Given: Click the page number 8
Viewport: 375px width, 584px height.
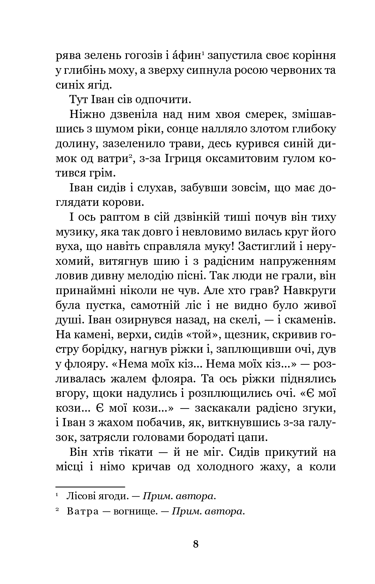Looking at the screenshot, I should coord(196,543).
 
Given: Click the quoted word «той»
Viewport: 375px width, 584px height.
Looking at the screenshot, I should coord(204,335).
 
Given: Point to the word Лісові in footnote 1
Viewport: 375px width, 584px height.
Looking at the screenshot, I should coord(78,496).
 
